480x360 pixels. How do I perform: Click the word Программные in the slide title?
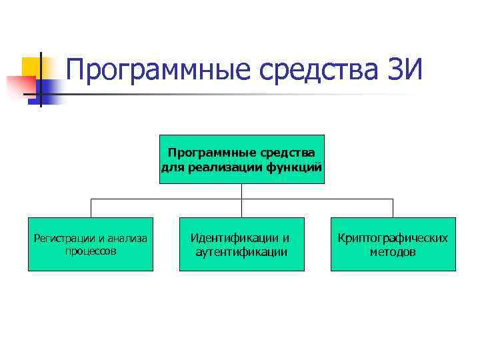[156, 71]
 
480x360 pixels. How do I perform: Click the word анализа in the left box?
[129, 238]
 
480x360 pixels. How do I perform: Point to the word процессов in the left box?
[91, 251]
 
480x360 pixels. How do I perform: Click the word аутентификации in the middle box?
[241, 252]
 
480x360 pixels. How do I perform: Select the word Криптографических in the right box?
[393, 238]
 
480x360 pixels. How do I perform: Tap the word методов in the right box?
[393, 252]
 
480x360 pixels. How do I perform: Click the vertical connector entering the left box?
[91, 208]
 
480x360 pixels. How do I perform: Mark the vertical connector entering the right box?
[393, 208]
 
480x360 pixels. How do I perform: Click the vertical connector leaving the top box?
[241, 191]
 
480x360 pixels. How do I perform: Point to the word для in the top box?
[173, 167]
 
